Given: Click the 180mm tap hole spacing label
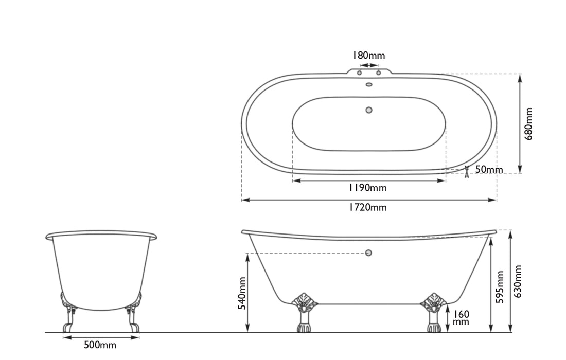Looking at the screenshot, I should pos(368,55).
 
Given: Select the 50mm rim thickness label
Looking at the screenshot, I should pos(489,170).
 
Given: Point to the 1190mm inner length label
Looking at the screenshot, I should pos(368,188).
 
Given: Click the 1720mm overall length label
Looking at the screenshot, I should pos(368,207).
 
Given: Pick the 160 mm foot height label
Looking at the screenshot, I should pos(461,317).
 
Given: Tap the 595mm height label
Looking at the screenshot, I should pos(500,287).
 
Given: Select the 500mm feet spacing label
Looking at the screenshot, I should pos(100,345).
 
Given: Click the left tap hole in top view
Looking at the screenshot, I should pos(360,73).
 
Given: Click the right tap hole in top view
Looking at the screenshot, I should pos(378,73).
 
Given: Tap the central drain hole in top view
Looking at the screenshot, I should pos(368,110).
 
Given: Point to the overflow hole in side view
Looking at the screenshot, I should pos(368,253).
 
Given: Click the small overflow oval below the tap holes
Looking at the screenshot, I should pos(368,84).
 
